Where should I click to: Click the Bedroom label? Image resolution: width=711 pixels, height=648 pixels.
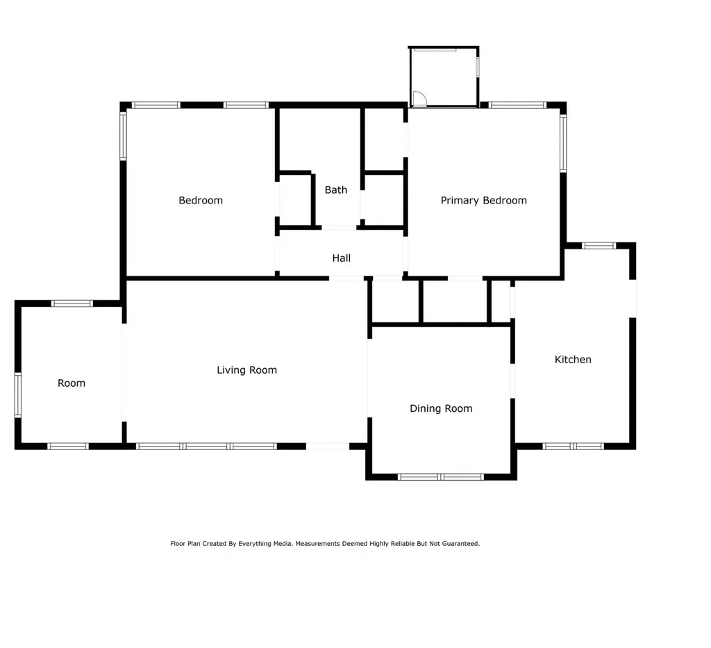[x=201, y=201]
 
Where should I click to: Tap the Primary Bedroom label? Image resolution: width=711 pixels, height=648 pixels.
[x=483, y=201]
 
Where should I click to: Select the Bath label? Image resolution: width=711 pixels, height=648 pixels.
[x=335, y=190]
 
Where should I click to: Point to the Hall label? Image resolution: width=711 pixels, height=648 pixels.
[x=341, y=258]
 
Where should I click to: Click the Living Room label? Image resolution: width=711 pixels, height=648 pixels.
[x=246, y=370]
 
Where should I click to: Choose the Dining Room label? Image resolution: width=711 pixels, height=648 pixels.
[x=441, y=408]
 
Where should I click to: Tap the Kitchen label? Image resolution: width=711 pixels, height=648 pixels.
[x=573, y=360]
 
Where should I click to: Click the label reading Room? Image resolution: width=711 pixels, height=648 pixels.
[x=72, y=383]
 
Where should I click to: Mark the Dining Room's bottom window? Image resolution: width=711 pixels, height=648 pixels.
[x=441, y=477]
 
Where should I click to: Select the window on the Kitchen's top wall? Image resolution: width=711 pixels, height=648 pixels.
[x=599, y=246]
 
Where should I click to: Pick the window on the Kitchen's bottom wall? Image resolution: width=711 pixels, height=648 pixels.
[x=573, y=446]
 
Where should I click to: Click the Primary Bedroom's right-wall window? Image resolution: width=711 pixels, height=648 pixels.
[x=563, y=143]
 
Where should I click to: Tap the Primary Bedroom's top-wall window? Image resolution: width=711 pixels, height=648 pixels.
[x=517, y=105]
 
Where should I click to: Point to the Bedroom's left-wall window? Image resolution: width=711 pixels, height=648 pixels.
[x=123, y=136]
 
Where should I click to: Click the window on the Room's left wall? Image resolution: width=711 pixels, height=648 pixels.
[x=17, y=395]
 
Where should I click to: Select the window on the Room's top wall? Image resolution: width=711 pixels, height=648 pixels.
[x=72, y=304]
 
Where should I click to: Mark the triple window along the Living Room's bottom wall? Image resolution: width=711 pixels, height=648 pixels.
[x=206, y=446]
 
